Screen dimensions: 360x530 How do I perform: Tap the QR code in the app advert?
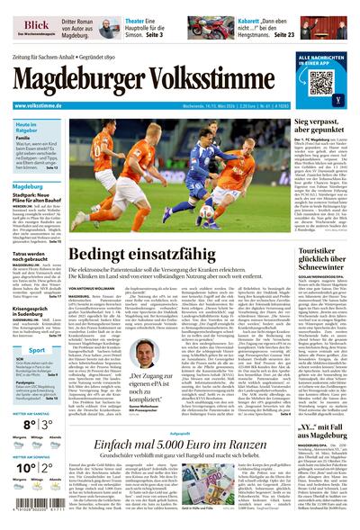321,83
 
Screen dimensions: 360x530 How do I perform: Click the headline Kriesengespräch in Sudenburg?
33,314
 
